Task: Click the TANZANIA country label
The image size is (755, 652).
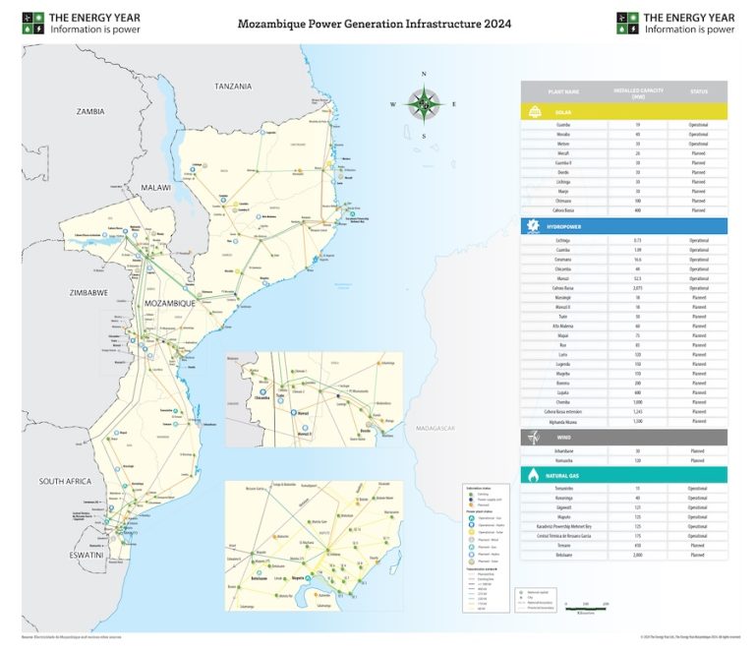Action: click(x=233, y=87)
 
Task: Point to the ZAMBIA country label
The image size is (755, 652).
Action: click(x=90, y=112)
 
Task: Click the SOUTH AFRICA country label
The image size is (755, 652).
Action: click(x=65, y=481)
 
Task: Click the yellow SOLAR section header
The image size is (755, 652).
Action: click(x=623, y=112)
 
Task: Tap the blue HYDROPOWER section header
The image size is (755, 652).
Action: click(x=623, y=226)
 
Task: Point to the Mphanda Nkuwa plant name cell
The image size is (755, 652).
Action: click(x=562, y=420)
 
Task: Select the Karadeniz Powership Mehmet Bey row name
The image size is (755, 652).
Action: click(x=562, y=525)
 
